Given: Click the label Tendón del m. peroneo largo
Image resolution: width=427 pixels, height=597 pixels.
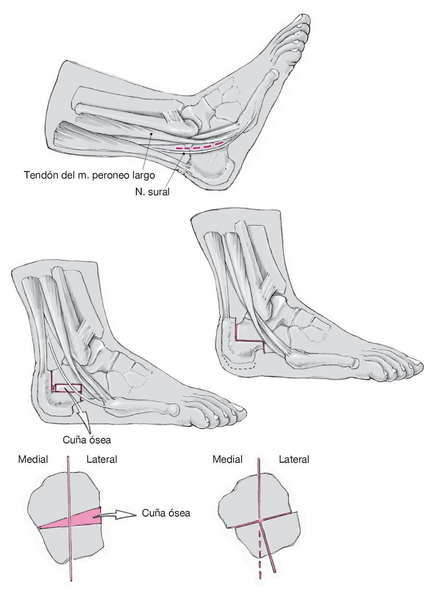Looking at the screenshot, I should [x=89, y=175].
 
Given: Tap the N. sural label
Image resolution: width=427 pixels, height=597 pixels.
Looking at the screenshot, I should [x=152, y=191].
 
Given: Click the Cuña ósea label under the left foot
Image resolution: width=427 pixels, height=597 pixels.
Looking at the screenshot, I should [x=87, y=440].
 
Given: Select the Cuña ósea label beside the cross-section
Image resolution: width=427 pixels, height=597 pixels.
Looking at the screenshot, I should [x=166, y=513].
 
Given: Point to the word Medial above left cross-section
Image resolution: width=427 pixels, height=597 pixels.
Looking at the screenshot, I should [x=33, y=459].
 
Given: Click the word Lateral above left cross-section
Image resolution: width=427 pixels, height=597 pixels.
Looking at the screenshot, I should [x=102, y=459].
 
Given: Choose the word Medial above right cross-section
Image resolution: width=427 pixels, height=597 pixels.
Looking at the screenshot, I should [x=228, y=459].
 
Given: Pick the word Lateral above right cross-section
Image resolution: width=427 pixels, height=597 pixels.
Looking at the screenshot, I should [x=294, y=459].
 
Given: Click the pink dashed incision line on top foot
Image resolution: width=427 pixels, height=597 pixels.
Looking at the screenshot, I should [x=199, y=146].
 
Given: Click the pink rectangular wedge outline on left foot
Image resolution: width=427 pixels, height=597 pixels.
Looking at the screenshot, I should [x=68, y=387].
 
